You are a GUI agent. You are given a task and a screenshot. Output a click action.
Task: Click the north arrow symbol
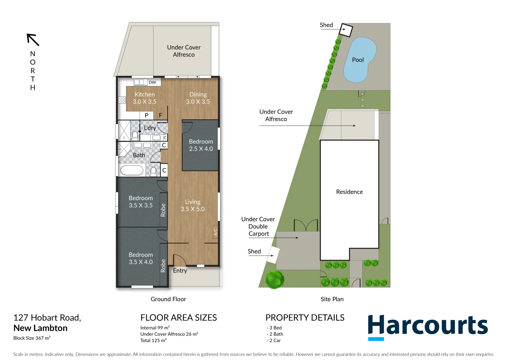(x=33, y=40)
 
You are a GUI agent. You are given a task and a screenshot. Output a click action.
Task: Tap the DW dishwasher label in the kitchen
(x=152, y=83)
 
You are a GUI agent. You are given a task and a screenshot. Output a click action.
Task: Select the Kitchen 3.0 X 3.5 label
(x=145, y=98)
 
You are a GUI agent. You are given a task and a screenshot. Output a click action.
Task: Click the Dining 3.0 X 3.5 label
(x=198, y=98)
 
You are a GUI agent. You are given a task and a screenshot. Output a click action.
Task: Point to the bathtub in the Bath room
(x=132, y=170)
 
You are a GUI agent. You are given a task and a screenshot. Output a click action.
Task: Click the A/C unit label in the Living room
(x=216, y=232)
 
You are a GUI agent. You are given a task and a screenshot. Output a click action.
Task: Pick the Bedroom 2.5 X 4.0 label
(x=201, y=145)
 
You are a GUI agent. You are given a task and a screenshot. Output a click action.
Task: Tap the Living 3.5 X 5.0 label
(x=192, y=205)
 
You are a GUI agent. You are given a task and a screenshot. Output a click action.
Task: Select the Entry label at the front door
(x=180, y=271)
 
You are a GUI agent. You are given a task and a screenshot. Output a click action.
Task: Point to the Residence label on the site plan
(x=349, y=192)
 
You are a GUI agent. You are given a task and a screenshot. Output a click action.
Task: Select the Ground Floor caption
(x=168, y=299)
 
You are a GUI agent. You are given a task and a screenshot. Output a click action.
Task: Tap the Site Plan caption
(x=332, y=299)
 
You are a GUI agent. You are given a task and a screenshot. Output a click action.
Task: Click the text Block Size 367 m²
(x=32, y=338)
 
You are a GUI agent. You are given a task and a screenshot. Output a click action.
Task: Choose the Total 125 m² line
(x=153, y=340)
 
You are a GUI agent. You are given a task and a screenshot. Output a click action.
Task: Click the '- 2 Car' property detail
(x=274, y=340)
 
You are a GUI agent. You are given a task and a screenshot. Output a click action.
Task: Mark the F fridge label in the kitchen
(x=161, y=115)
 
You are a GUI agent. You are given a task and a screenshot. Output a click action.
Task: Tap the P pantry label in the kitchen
(x=147, y=115)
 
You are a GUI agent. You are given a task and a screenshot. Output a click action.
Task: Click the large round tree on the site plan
(x=275, y=279)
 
